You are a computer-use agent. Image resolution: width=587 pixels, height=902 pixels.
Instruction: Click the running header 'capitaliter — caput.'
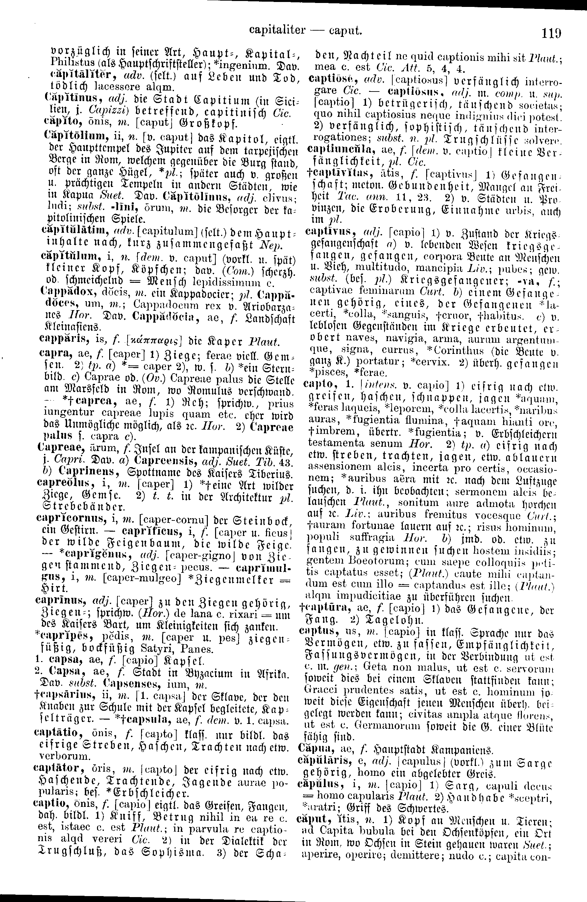click(x=305, y=30)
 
